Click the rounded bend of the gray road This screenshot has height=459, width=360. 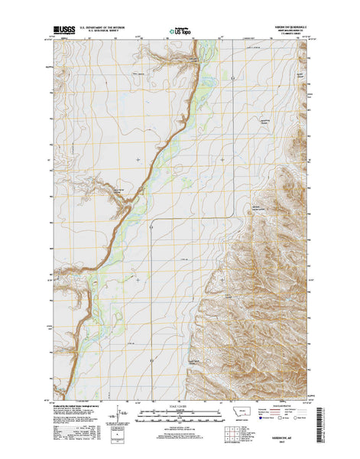(154, 223)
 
